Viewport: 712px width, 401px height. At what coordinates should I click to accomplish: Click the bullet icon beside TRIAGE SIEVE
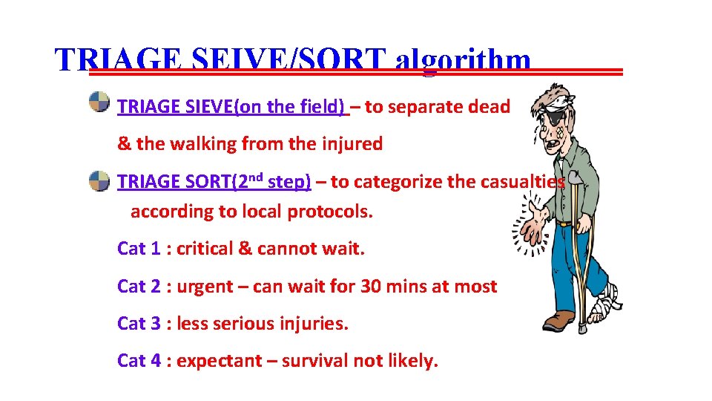coord(99,102)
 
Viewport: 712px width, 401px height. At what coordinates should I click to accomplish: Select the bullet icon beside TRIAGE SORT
coord(99,179)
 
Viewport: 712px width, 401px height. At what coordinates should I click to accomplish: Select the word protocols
coord(330,212)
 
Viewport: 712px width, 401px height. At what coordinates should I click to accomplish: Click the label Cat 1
coord(139,249)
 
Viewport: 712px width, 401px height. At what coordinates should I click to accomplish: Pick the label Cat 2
coord(139,287)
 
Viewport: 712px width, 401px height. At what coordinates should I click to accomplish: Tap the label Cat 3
coord(139,324)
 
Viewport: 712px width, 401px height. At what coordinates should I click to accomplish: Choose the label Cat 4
coord(139,361)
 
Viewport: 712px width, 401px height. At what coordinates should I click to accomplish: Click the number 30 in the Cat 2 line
coord(371,287)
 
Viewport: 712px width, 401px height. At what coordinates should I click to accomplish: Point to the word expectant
coord(219,362)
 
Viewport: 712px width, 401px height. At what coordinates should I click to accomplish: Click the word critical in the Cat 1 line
coord(205,249)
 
